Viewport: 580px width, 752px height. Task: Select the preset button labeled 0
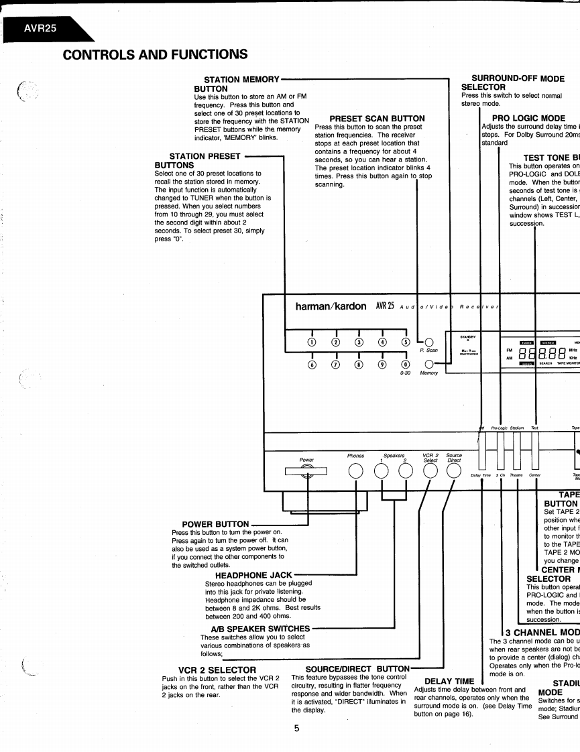(405, 365)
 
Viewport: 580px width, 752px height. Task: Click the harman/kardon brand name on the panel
(331, 306)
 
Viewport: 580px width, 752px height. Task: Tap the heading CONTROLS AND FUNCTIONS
(155, 54)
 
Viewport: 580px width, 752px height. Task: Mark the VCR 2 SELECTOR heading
(217, 669)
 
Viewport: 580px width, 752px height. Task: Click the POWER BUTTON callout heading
(215, 524)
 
